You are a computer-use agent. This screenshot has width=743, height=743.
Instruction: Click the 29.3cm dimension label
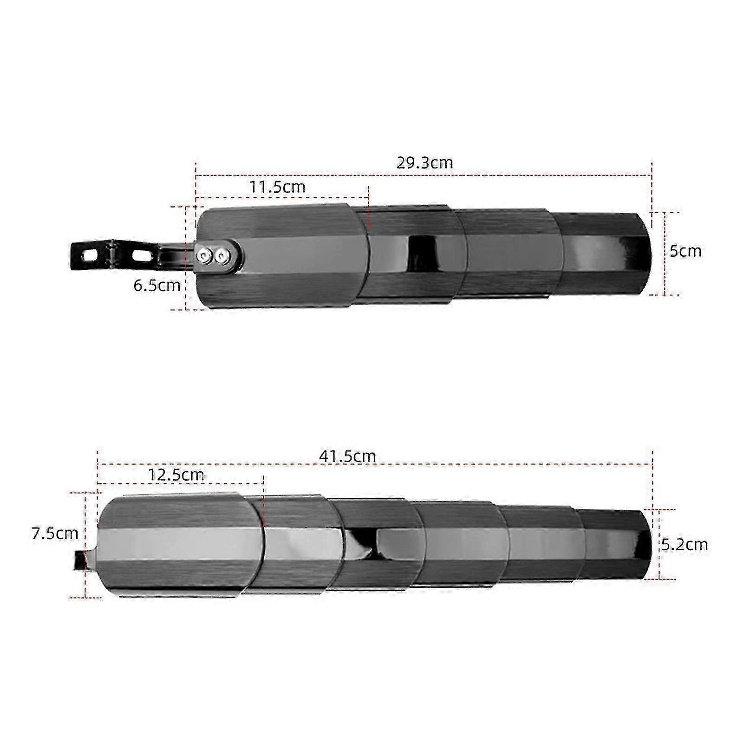click(x=424, y=163)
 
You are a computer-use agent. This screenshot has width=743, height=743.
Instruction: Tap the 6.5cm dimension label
click(x=157, y=285)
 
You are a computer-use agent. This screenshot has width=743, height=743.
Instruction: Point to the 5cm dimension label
click(x=685, y=251)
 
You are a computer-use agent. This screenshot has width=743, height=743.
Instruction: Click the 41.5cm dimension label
click(x=347, y=456)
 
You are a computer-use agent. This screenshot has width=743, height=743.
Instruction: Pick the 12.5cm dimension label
click(x=176, y=475)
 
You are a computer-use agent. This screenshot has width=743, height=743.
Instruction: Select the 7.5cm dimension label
click(x=55, y=533)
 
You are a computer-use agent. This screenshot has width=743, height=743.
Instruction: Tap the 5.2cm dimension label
click(x=684, y=544)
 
